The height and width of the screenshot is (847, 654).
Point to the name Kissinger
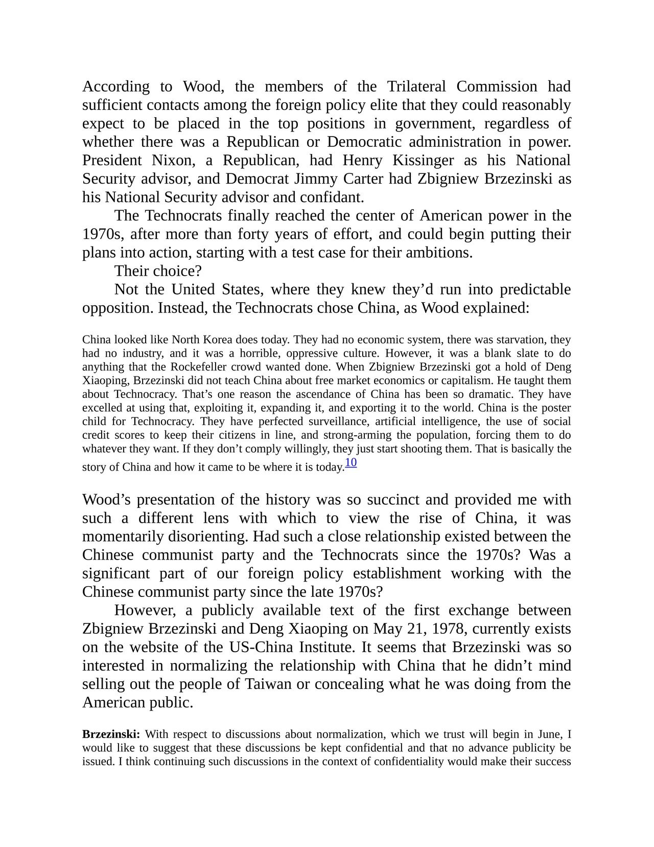tap(423, 160)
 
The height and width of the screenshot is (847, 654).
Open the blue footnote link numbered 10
tap(351, 463)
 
